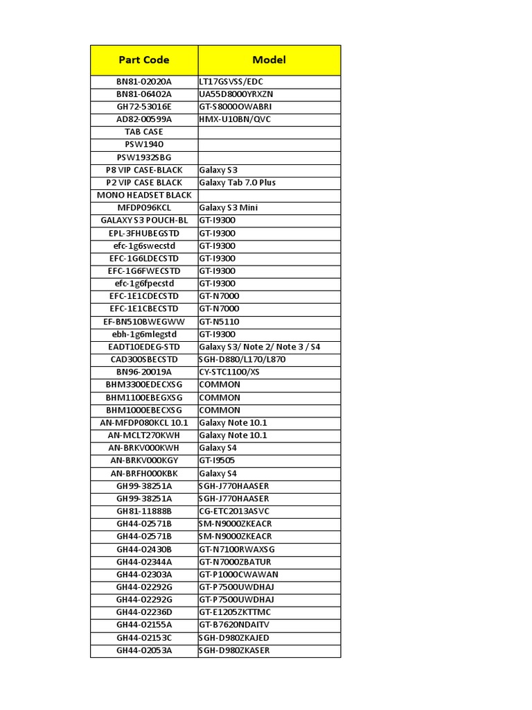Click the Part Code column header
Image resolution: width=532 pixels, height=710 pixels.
coord(144,60)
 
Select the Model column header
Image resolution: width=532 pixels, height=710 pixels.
coord(269,60)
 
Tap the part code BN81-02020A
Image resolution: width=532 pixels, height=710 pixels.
coord(144,82)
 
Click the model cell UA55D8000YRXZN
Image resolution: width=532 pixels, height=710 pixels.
coord(236,94)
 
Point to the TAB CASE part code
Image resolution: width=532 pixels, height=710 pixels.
coord(144,132)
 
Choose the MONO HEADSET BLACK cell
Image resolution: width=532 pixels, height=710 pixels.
coord(144,195)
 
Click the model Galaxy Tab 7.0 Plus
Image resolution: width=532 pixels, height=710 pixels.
coord(237,182)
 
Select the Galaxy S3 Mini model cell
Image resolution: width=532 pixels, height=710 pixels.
coord(229,207)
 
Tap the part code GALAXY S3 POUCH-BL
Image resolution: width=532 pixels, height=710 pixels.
coord(144,220)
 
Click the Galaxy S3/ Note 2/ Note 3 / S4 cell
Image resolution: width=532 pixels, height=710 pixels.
coord(260,347)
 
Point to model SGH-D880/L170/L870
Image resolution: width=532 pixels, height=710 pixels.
coord(242,359)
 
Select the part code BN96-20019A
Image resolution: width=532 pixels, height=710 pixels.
coord(144,372)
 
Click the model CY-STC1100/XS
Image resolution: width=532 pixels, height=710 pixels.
coord(229,372)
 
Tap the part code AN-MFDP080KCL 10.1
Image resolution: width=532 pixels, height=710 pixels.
coord(144,423)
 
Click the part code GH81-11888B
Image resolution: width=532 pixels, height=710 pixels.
coord(144,511)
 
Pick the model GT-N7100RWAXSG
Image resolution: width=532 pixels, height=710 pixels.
coord(236,549)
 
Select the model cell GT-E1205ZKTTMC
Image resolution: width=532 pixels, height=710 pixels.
coord(235,612)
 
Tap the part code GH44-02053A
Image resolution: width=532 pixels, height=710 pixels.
coord(144,650)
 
